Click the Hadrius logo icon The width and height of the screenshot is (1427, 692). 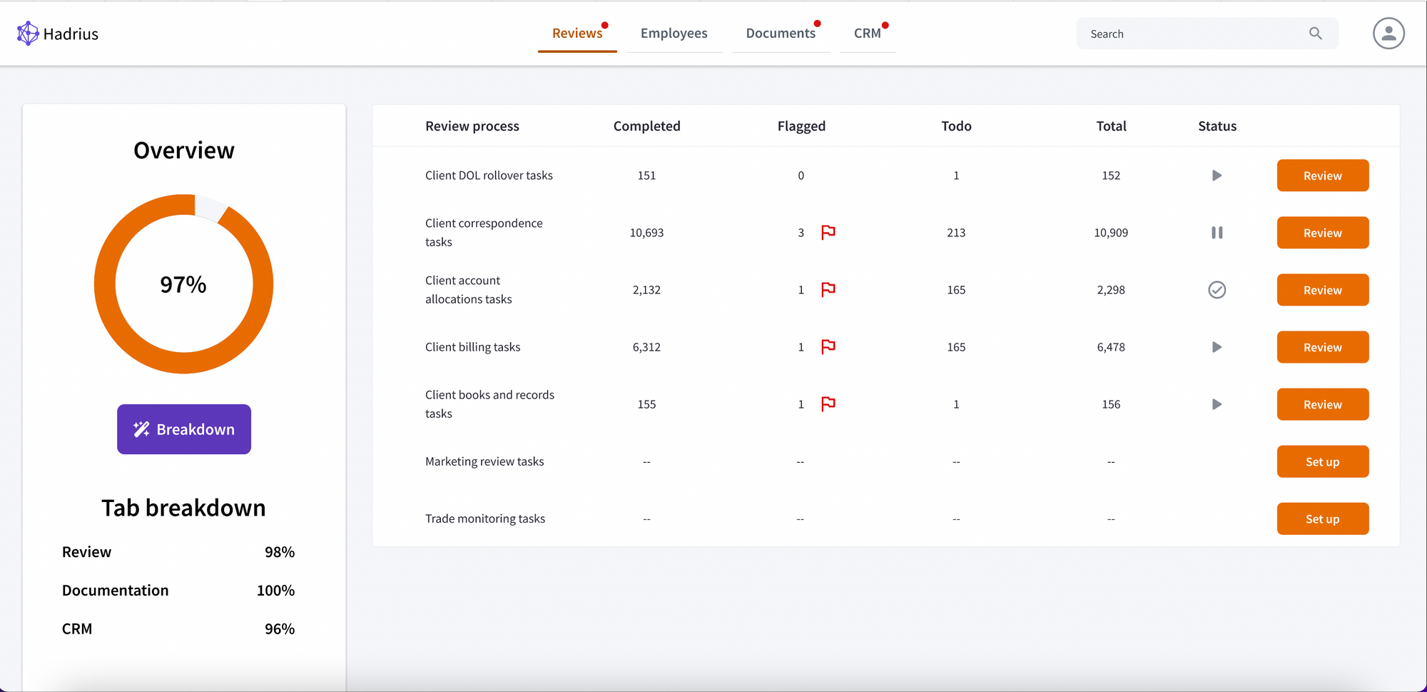click(x=28, y=33)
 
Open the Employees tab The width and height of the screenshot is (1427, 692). click(x=674, y=34)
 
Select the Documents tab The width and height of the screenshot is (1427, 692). click(x=780, y=34)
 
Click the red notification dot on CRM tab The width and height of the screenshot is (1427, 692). click(x=885, y=25)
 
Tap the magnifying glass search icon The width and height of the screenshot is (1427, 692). click(x=1316, y=34)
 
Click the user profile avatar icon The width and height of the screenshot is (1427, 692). click(x=1388, y=34)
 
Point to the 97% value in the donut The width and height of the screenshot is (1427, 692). click(x=183, y=285)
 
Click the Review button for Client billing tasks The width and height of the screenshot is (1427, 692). click(x=1322, y=347)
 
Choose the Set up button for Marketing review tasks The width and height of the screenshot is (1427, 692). click(x=1322, y=461)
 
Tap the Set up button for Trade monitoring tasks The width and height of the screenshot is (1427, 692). click(x=1322, y=518)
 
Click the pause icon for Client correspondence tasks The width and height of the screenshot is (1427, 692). click(x=1217, y=233)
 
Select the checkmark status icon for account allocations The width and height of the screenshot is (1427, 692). click(x=1217, y=290)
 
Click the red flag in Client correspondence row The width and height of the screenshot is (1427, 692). click(x=828, y=232)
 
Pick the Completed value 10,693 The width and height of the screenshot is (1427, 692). click(x=646, y=233)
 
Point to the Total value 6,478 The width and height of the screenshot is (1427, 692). click(x=1111, y=347)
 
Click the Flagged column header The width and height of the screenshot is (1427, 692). click(x=801, y=126)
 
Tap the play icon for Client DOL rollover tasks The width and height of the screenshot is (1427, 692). click(x=1217, y=176)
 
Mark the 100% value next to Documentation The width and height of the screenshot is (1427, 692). click(x=275, y=591)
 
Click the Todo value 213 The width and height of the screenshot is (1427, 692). click(x=956, y=233)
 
